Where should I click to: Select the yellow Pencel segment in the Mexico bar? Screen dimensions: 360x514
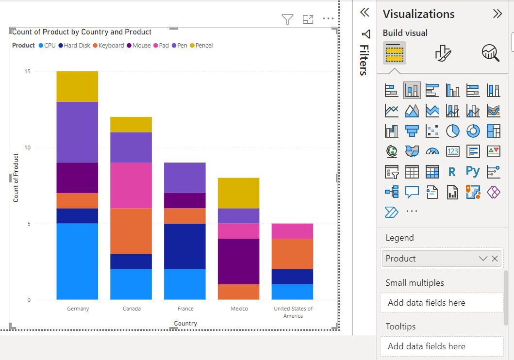pos(238,193)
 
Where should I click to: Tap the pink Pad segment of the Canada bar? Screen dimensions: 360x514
pos(131,185)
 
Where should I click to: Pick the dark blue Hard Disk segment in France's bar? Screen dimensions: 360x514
pos(185,246)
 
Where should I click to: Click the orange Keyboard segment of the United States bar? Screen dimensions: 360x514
pos(292,253)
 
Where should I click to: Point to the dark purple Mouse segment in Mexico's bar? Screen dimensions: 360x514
pos(238,261)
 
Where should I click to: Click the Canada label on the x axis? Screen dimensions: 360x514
pos(132,309)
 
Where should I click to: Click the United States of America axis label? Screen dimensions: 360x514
pos(293,312)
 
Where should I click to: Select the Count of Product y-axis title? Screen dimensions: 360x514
pos(16,178)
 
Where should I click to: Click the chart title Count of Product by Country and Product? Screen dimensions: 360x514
pos(82,32)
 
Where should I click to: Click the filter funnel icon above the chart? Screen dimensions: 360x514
pos(287,19)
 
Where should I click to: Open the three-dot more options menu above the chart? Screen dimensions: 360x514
pos(328,19)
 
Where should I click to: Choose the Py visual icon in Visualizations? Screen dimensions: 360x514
pos(473,171)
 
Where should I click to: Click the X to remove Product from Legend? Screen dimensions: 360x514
pos(495,259)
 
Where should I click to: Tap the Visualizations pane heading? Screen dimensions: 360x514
pos(418,14)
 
